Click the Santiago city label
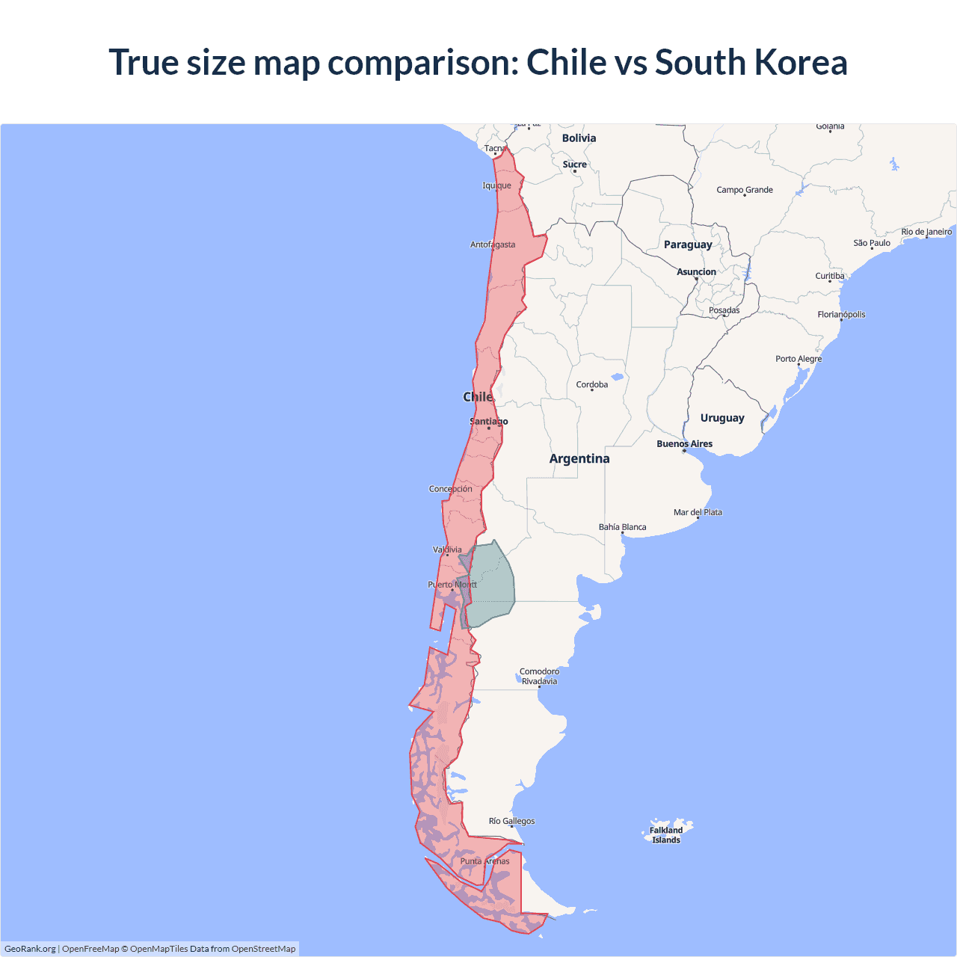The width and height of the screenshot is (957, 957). [488, 422]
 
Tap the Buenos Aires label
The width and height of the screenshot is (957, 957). [684, 444]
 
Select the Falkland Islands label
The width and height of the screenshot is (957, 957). [666, 835]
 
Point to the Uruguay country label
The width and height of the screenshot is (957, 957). [722, 418]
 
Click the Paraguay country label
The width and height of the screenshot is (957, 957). [688, 244]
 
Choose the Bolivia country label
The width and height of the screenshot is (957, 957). [579, 138]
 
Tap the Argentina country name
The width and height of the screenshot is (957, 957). [579, 459]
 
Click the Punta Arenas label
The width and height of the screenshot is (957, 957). [484, 861]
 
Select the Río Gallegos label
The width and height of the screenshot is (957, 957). [511, 821]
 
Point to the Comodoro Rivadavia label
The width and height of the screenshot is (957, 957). [539, 677]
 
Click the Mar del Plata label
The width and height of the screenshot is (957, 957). [698, 512]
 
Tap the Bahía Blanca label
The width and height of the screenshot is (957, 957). [622, 527]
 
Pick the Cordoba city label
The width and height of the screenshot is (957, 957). [592, 385]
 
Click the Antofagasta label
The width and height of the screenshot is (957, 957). [493, 244]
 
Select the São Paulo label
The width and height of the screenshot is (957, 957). [872, 243]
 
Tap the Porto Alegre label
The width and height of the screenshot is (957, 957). [798, 359]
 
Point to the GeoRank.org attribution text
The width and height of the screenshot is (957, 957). [30, 949]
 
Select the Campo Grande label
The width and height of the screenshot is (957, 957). [745, 190]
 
